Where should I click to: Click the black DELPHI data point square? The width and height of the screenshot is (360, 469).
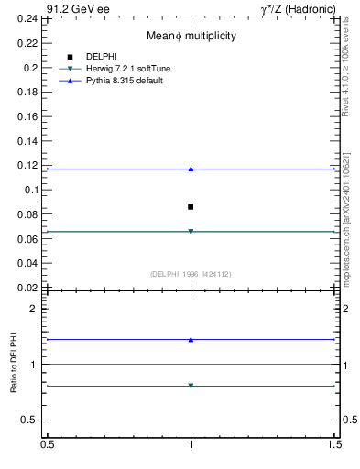coord(191,207)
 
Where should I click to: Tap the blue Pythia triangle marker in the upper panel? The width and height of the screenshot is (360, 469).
coord(191,169)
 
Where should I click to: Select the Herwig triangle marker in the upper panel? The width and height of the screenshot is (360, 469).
coord(191,232)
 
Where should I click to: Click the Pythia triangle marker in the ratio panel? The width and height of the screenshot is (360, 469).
coord(191,340)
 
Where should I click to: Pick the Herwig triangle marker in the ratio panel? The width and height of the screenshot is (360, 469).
coord(191,386)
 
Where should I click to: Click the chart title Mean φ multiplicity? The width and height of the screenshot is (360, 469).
coord(191,36)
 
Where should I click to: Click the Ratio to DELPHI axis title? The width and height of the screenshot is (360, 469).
coord(14,365)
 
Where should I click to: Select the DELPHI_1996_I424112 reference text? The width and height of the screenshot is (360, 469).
coord(191,274)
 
